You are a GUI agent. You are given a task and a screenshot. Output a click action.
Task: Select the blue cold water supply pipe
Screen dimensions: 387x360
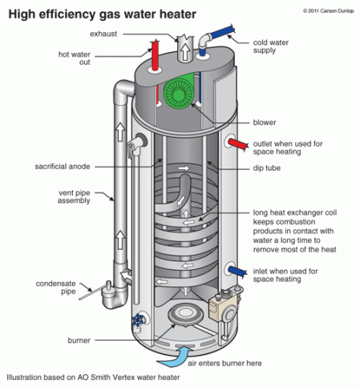point(229,36)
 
